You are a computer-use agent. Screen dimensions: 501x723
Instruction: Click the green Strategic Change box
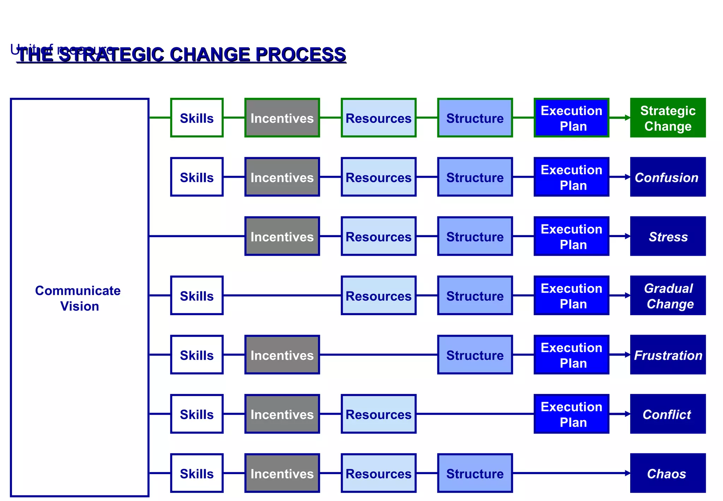coord(668,118)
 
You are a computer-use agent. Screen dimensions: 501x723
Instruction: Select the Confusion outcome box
coord(668,177)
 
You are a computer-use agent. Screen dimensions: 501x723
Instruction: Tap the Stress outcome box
coord(668,236)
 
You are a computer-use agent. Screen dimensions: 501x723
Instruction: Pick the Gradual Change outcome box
coord(668,296)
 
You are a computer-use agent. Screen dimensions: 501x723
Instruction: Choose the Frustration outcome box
coord(668,355)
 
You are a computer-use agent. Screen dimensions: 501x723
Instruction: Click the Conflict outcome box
coord(668,414)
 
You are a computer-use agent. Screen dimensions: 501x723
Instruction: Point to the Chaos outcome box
coord(668,473)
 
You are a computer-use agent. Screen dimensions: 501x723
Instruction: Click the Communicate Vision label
coord(78,298)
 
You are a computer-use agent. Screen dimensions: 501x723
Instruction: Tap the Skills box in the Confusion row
coord(197,177)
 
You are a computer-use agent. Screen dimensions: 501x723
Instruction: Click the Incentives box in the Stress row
coord(282,236)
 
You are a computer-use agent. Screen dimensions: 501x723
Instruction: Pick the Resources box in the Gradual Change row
coord(378,296)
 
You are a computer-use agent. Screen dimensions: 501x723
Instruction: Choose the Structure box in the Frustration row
coord(475,355)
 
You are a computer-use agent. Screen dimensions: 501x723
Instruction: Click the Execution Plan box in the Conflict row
coord(571,414)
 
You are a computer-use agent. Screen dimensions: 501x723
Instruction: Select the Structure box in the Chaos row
coord(475,473)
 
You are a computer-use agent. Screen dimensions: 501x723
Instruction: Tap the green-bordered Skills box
coord(197,118)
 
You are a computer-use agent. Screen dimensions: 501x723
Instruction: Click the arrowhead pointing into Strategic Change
coord(628,118)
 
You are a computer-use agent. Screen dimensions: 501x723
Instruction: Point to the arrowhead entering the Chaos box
coord(628,473)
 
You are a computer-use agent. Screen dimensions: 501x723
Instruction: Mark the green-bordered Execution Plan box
coord(571,118)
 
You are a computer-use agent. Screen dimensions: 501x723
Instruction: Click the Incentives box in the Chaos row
coord(282,473)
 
